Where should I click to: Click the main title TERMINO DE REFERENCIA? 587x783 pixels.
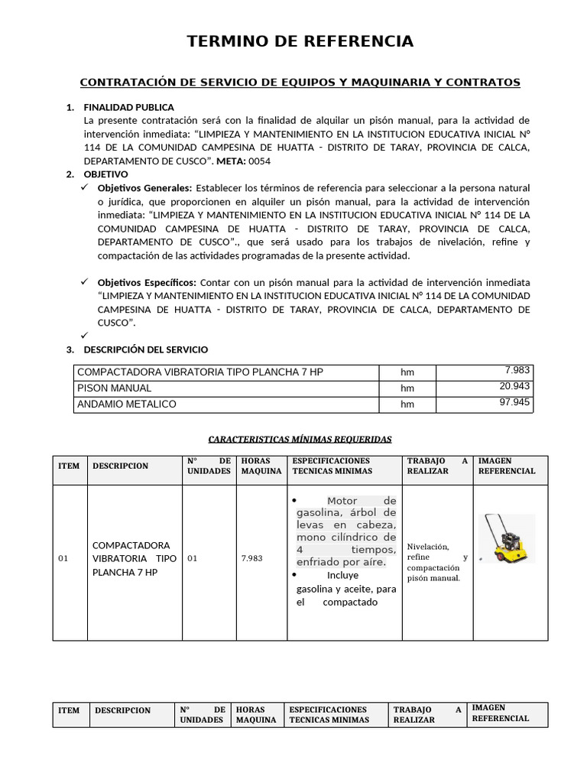[x=300, y=42]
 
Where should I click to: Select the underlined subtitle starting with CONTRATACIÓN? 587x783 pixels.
[x=300, y=82]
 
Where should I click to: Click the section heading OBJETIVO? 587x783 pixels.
[x=106, y=174]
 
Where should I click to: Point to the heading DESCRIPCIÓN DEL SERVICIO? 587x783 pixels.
[x=145, y=349]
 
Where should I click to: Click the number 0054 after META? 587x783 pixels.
[x=260, y=161]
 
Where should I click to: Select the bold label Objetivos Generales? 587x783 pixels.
[x=145, y=188]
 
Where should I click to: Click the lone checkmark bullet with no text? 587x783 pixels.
[x=86, y=335]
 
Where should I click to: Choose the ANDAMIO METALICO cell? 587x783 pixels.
[x=127, y=404]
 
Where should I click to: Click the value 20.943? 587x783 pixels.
[x=514, y=386]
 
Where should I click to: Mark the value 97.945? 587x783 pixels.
[x=514, y=401]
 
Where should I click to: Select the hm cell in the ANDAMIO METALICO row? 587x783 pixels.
[x=407, y=404]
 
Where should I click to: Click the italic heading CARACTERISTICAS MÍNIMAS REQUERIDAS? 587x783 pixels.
[x=300, y=440]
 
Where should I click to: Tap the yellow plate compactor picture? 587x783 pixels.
[x=506, y=538]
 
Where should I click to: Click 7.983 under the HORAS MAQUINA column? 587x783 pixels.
[x=251, y=558]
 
